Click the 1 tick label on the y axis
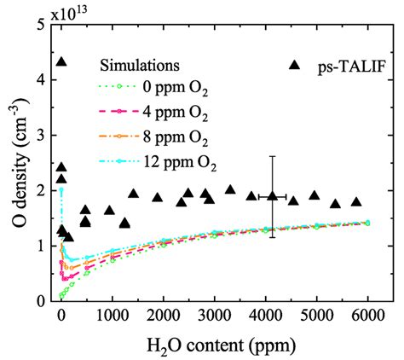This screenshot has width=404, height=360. click(x=39, y=246)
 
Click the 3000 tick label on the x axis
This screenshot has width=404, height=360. click(x=214, y=316)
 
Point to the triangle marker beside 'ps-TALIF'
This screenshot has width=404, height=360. click(x=295, y=65)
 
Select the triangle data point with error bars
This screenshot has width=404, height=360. click(x=272, y=196)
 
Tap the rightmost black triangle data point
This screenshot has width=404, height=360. click(x=356, y=202)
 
